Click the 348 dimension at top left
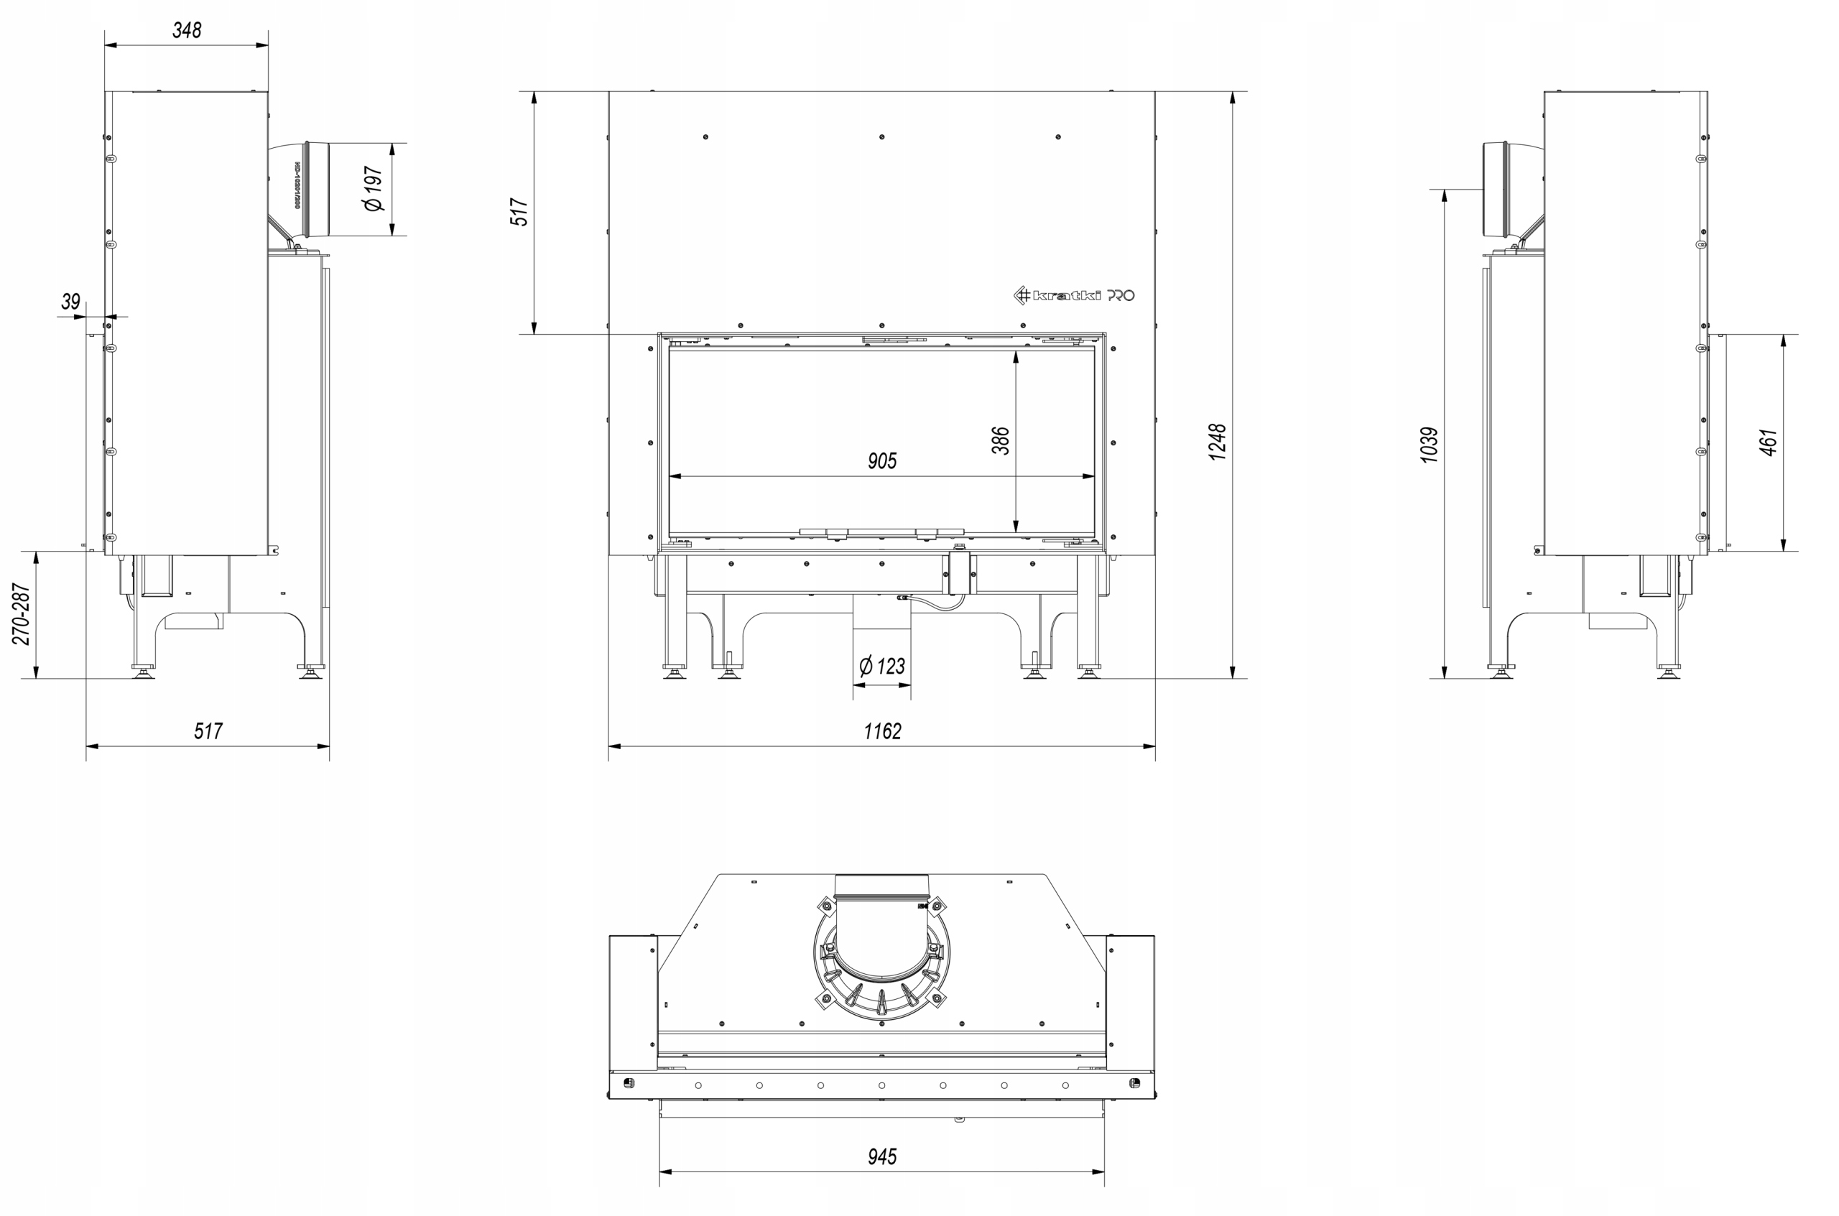(187, 30)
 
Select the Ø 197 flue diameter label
(373, 188)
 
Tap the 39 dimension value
(70, 301)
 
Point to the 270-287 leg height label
(22, 614)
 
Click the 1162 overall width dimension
(883, 731)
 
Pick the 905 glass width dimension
(882, 460)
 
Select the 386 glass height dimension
(1001, 440)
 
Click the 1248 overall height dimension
(1218, 442)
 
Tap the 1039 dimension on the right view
(1430, 445)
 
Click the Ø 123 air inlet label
(882, 666)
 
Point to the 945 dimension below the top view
(882, 1157)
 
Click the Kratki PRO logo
(1074, 294)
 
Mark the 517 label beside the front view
(519, 212)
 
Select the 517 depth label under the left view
(208, 731)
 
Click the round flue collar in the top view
(882, 962)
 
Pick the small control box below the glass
(962, 572)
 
